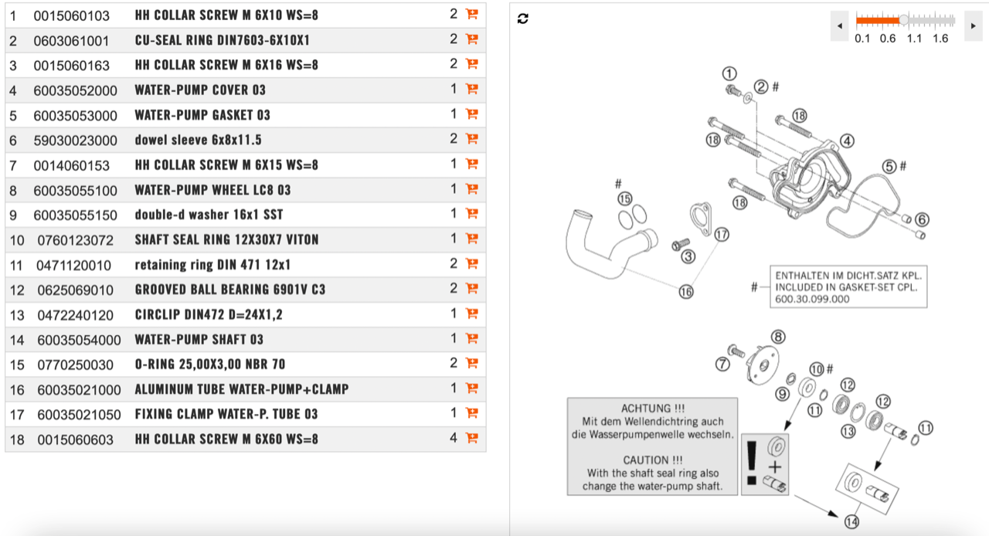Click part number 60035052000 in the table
coord(75,90)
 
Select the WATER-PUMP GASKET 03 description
coord(202,115)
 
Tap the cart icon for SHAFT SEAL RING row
coord(471,239)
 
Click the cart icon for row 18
coord(471,438)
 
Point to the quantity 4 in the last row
coord(454,438)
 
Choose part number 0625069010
coord(75,290)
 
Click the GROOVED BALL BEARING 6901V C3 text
coord(229,290)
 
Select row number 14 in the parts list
coord(17,340)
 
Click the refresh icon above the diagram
coord(523,19)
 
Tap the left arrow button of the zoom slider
coord(840,26)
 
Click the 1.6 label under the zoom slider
coord(940,39)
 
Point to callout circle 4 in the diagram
coord(848,141)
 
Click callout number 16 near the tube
coord(686,291)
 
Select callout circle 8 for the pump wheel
coord(778,337)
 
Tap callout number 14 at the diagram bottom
coord(851,522)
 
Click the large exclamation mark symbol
coord(752,462)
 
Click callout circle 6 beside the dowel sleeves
coord(922,219)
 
